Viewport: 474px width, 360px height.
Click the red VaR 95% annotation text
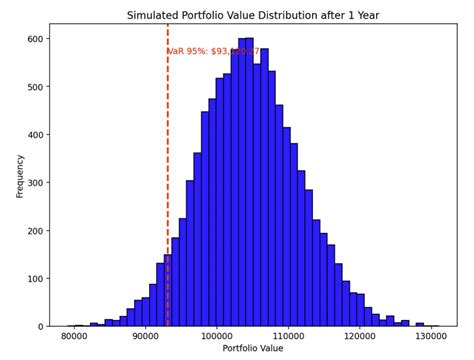213,51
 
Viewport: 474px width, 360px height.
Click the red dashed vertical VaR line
167,200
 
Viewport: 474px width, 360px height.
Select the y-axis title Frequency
20,175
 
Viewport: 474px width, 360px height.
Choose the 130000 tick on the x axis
431,337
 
